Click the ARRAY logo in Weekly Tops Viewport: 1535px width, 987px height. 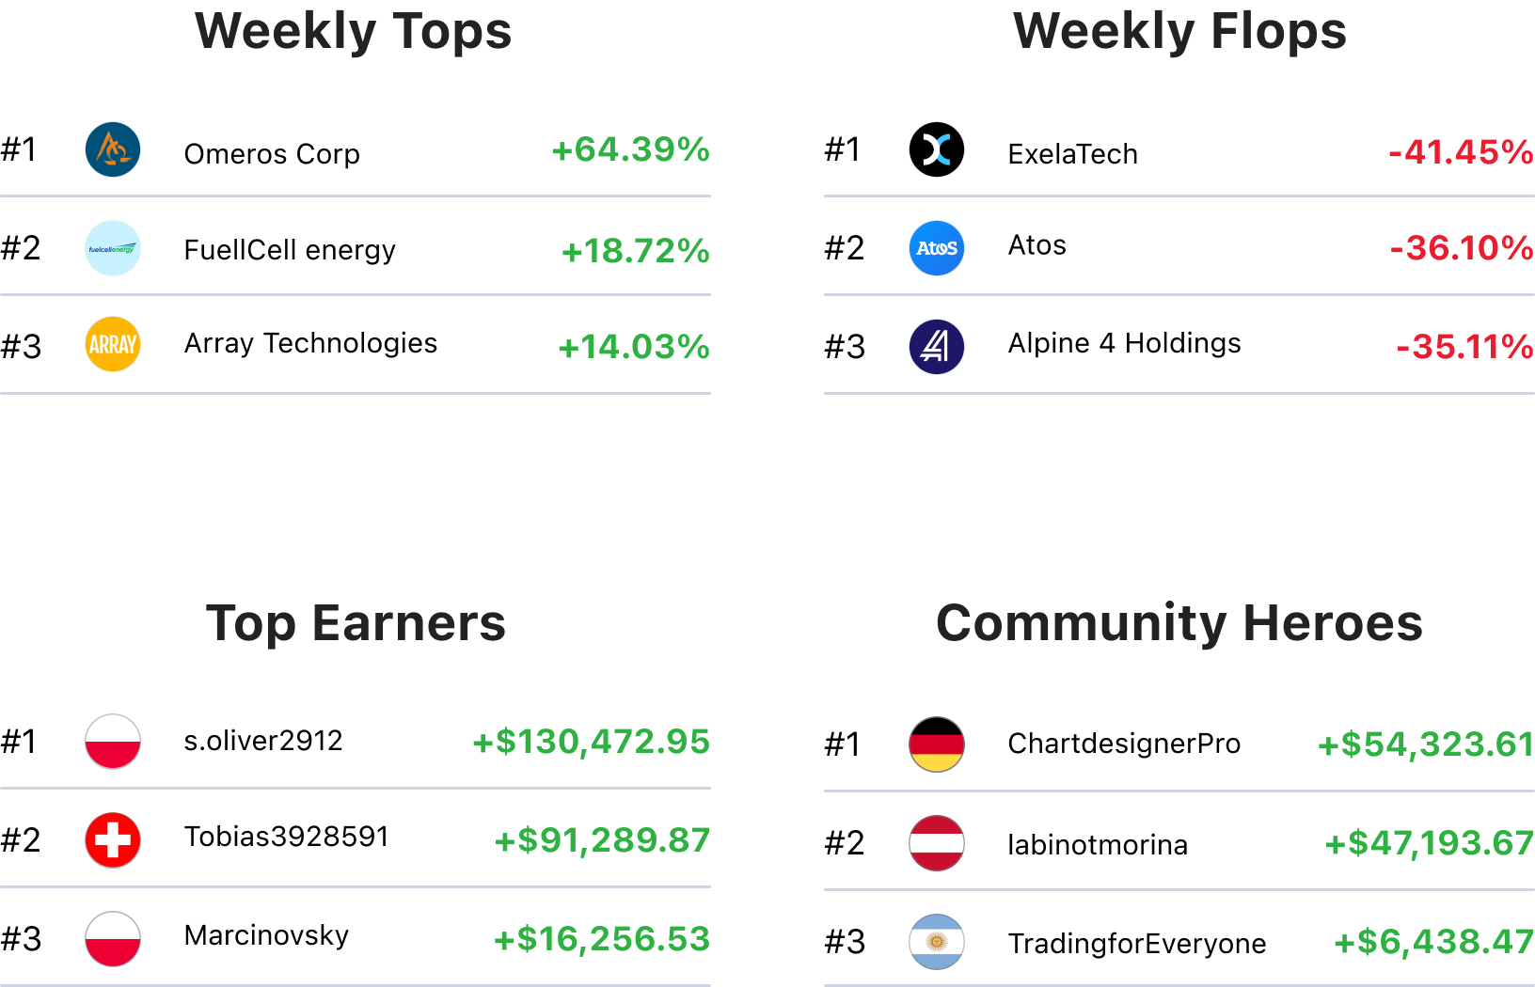(x=113, y=345)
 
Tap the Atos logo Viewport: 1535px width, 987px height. (x=937, y=248)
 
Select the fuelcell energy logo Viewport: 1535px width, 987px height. (x=113, y=248)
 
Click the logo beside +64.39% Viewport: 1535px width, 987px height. (x=113, y=149)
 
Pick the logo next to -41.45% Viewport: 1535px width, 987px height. (x=937, y=149)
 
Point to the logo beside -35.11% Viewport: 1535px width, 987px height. (x=937, y=347)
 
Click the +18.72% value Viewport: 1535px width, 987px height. (x=635, y=251)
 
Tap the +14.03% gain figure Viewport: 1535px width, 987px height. (x=633, y=347)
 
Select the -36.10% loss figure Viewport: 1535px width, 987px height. (x=1461, y=248)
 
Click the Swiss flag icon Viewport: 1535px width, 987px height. (x=113, y=840)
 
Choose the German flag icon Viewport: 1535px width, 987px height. (x=937, y=744)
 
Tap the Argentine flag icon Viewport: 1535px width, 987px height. (x=937, y=942)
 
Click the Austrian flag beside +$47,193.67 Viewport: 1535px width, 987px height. (x=937, y=843)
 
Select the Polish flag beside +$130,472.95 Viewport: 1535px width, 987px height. (x=113, y=742)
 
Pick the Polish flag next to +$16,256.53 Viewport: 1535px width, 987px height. (x=113, y=939)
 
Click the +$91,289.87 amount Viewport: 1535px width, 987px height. (x=602, y=840)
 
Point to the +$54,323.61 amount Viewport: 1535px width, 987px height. (x=1425, y=744)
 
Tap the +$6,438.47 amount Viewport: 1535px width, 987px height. (x=1433, y=942)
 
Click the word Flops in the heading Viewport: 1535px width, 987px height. (x=1277, y=31)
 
